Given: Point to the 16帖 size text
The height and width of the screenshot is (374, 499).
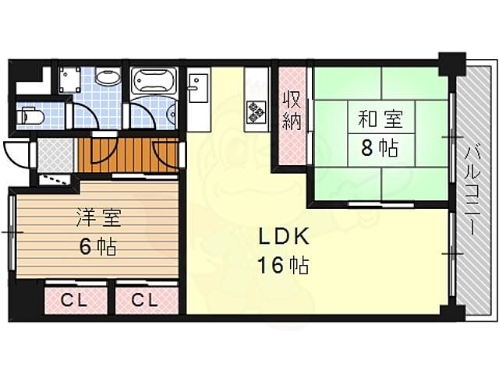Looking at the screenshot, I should coord(283,265).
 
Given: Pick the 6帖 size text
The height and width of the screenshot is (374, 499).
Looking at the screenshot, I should coord(98,247).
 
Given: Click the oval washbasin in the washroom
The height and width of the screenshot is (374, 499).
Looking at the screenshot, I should coord(107,78).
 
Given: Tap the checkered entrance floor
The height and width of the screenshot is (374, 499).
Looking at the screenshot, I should coord(53,155).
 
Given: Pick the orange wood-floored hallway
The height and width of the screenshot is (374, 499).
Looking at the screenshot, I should coord(129,153).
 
